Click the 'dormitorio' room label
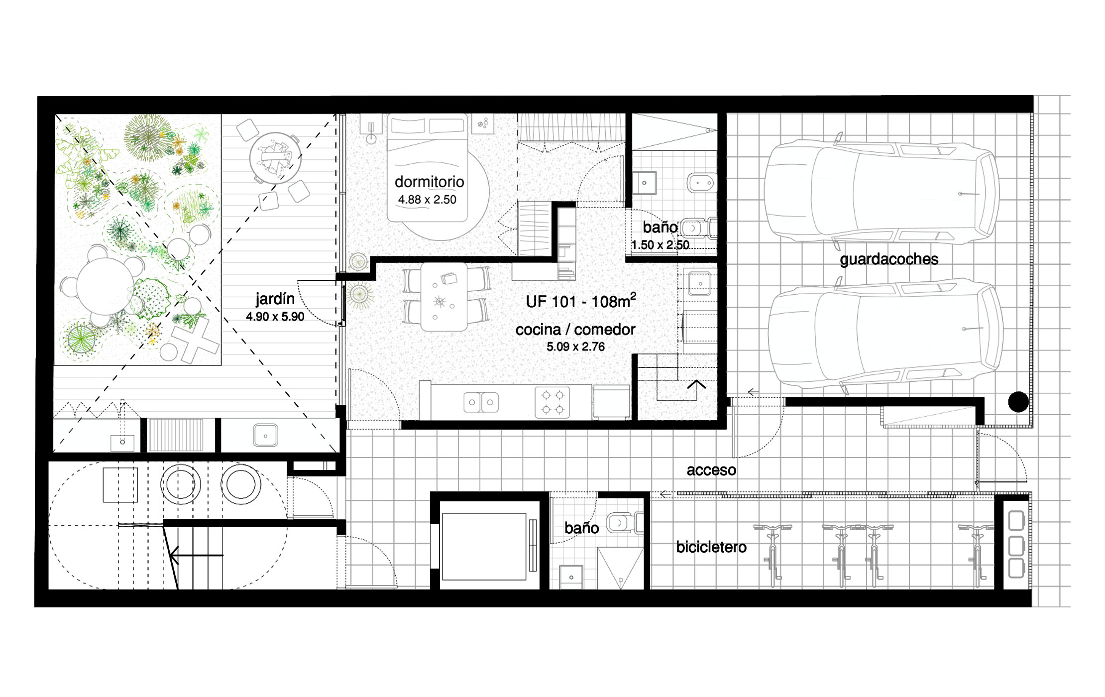point(429,182)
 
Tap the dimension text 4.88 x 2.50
point(427,200)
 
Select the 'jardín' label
point(275,299)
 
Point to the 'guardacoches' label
point(889,259)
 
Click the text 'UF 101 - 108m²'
point(581,301)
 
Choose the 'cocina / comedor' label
point(575,330)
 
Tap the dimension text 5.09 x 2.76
point(575,347)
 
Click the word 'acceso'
point(711,470)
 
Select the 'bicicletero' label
point(711,547)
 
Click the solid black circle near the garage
point(1018,402)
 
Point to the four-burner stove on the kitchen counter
point(552,402)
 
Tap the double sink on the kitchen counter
point(481,402)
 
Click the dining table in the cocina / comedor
point(444,297)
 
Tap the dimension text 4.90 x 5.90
point(275,317)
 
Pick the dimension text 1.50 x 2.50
point(660,245)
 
